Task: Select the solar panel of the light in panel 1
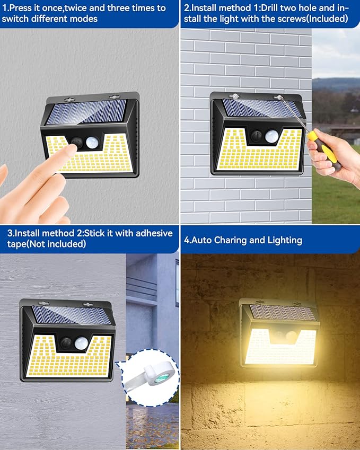click(87, 112)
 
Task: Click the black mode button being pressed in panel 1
click(78, 142)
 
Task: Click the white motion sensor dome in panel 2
click(271, 136)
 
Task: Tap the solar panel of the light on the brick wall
click(258, 108)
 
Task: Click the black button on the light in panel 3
click(66, 343)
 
